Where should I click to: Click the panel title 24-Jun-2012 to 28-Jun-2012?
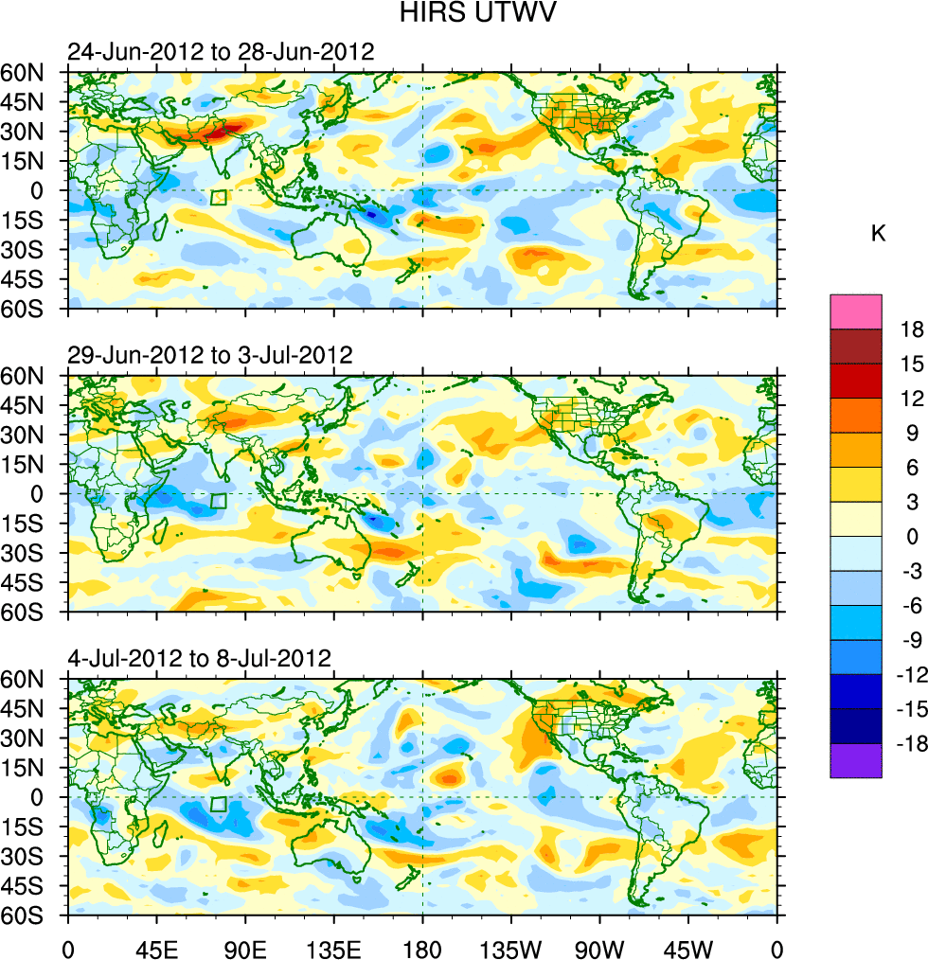221,52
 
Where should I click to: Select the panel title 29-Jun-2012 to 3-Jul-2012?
210,355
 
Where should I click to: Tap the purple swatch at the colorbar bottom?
856,760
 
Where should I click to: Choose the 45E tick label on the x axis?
156,947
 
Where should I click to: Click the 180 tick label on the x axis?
422,947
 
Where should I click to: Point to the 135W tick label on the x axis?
510,947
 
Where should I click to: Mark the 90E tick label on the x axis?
245,947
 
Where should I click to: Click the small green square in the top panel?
219,197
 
